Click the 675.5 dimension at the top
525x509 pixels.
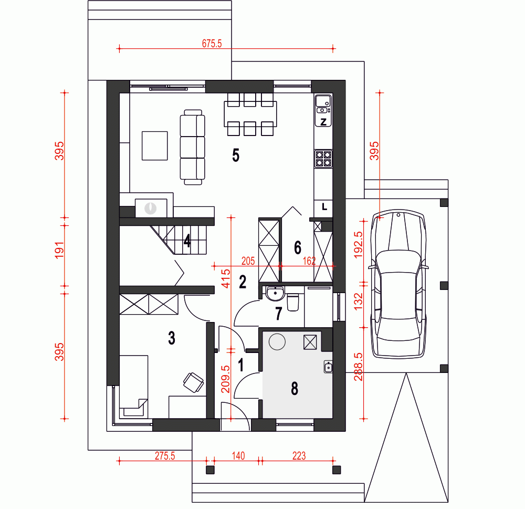click(x=212, y=44)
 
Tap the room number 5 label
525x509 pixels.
click(x=236, y=155)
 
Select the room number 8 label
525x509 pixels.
click(x=295, y=388)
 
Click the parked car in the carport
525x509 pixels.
click(x=398, y=284)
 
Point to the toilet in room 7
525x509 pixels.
click(x=292, y=302)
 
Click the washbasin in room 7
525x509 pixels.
click(x=275, y=294)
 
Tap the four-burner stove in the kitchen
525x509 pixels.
click(x=323, y=159)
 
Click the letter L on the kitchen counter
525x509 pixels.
click(x=324, y=207)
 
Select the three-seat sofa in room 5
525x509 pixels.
click(x=193, y=147)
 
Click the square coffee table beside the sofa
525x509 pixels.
click(x=155, y=146)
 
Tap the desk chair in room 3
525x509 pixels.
click(x=194, y=382)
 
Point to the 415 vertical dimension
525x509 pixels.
click(x=226, y=278)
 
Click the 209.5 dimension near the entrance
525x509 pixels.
click(x=226, y=379)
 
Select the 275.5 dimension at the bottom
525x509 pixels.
click(x=165, y=456)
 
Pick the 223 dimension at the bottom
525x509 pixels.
click(x=299, y=456)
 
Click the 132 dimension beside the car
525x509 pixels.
click(x=358, y=301)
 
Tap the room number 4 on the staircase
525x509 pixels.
click(x=187, y=241)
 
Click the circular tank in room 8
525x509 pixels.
click(x=277, y=342)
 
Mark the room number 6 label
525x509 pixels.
click(x=298, y=247)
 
